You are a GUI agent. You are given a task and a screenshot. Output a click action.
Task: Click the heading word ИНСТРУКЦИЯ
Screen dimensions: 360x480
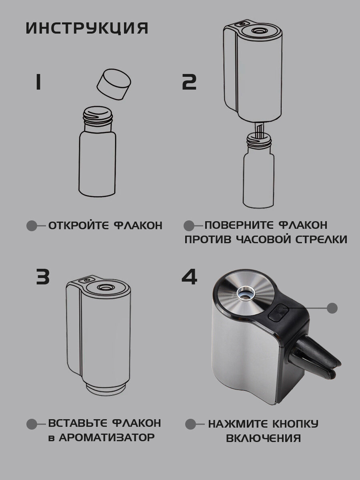pos(87,28)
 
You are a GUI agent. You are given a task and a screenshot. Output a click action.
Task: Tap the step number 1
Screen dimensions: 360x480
pos(38,82)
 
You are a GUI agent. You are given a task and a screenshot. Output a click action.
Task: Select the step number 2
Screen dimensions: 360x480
pos(189,82)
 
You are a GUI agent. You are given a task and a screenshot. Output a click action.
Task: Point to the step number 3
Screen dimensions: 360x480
pos(43,277)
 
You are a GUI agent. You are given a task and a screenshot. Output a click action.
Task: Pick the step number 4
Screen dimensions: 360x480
pos(189,277)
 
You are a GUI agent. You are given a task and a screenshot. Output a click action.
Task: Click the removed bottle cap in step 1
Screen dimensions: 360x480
pos(114,84)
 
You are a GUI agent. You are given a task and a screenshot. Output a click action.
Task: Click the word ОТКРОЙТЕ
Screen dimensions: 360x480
pos(78,226)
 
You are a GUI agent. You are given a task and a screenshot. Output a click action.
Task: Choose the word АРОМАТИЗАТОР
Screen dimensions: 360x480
pos(107,437)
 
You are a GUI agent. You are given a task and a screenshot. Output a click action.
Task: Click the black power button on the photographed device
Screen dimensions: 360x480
pos(278,312)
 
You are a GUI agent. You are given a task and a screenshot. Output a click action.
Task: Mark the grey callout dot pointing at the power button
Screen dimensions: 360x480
pos(332,308)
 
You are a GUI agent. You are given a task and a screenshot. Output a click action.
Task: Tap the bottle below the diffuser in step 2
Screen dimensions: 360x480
pos(258,171)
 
